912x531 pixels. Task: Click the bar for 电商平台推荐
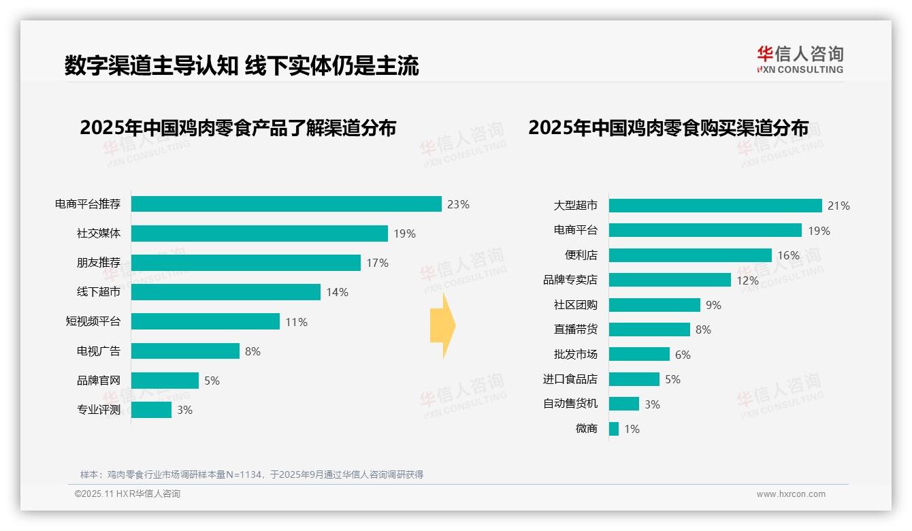(x=286, y=204)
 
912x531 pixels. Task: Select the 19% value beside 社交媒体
(x=404, y=234)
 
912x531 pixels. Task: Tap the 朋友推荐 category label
(x=98, y=263)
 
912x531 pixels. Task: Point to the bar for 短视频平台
(x=205, y=321)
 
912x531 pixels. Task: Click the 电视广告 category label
(x=98, y=351)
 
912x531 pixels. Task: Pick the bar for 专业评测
(x=151, y=410)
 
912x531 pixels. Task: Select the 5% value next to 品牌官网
(x=212, y=381)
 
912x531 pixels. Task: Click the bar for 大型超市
(x=715, y=206)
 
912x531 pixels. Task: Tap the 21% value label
(x=838, y=206)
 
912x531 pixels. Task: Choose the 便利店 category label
(x=581, y=255)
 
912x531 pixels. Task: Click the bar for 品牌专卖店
(x=670, y=280)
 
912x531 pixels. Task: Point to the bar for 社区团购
(x=654, y=305)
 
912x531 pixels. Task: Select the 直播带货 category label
(x=575, y=329)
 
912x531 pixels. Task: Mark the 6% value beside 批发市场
(x=683, y=355)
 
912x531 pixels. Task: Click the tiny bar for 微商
(x=614, y=429)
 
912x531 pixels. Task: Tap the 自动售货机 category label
(x=570, y=404)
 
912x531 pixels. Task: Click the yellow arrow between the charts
(x=442, y=326)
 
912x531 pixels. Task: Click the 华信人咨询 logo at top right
(x=800, y=59)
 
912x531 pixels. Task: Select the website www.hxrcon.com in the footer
(x=790, y=494)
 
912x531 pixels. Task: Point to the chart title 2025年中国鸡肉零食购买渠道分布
(x=668, y=128)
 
